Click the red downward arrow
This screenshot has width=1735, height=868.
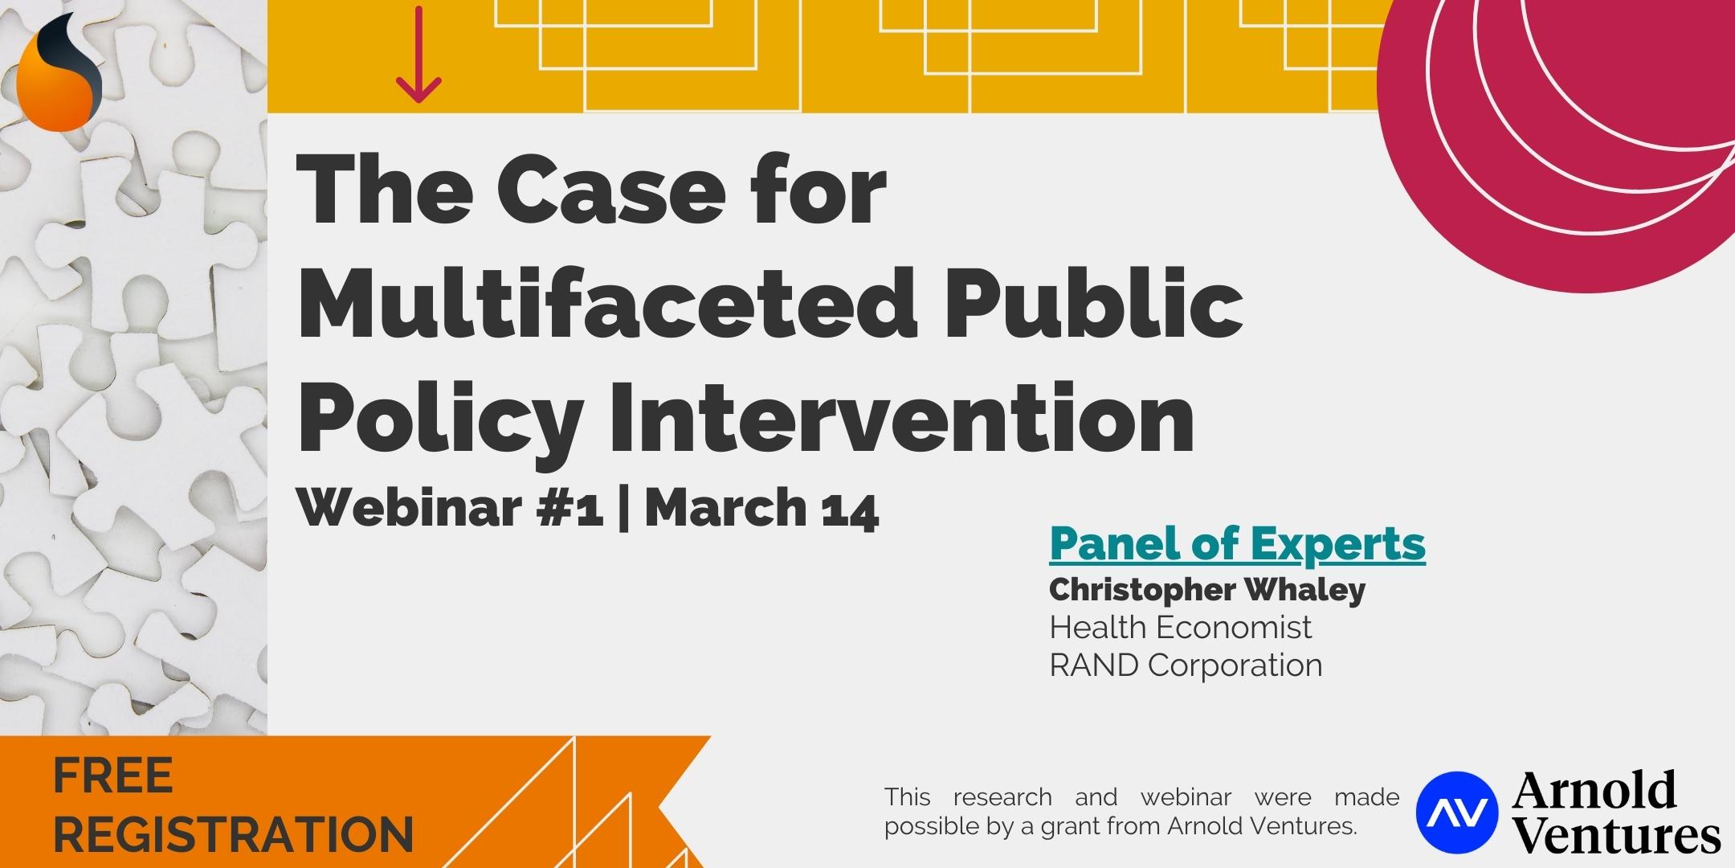[x=418, y=54]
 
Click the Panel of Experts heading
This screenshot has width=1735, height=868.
[x=1237, y=544]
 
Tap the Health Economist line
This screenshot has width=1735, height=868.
[x=1180, y=627]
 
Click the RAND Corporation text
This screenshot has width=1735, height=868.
[x=1186, y=665]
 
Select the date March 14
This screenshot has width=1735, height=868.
[x=762, y=508]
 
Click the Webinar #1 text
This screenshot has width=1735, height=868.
[x=451, y=508]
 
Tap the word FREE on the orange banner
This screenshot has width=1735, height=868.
[x=113, y=776]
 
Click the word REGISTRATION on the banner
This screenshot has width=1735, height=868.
[x=233, y=834]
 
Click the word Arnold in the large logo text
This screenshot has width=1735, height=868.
[x=1594, y=789]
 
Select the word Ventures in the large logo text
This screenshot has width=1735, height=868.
[x=1617, y=834]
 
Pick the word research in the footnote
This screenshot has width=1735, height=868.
[x=1002, y=798]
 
